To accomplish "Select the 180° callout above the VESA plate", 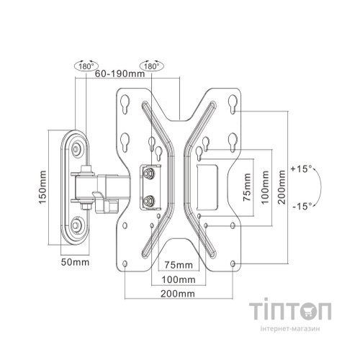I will point(152,66).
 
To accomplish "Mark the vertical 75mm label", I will point(247,187).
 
